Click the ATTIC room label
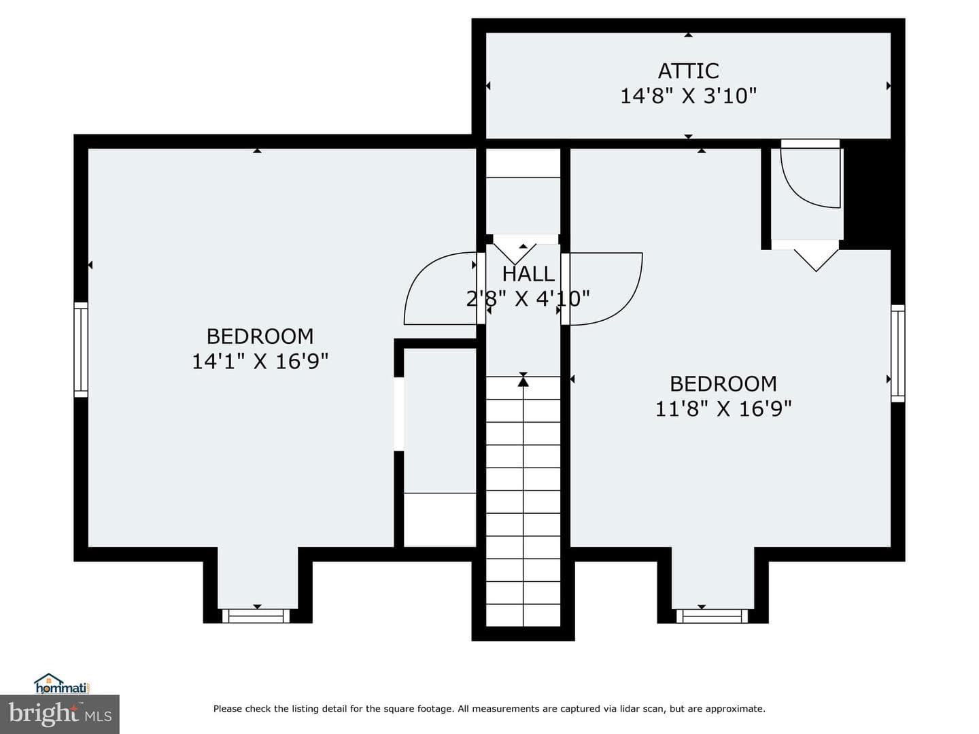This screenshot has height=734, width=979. pyautogui.click(x=688, y=71)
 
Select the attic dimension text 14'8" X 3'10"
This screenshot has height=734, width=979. pyautogui.click(x=688, y=96)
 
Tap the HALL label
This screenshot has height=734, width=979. pyautogui.click(x=528, y=274)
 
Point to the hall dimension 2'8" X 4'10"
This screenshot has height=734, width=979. pyautogui.click(x=528, y=298)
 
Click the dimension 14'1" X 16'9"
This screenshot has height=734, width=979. pyautogui.click(x=260, y=361)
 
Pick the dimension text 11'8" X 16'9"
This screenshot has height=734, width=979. pyautogui.click(x=723, y=408)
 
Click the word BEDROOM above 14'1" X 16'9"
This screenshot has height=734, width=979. pyautogui.click(x=260, y=336)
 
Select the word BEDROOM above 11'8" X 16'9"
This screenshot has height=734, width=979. pyautogui.click(x=723, y=384)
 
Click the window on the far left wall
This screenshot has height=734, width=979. pyautogui.click(x=81, y=349)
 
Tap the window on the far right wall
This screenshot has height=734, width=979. pyautogui.click(x=898, y=353)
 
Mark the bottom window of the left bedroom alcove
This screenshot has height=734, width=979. pyautogui.click(x=256, y=616)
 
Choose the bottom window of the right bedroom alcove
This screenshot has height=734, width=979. pyautogui.click(x=712, y=616)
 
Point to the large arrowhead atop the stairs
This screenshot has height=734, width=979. pyautogui.click(x=523, y=381)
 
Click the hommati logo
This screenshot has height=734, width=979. pyautogui.click(x=62, y=683)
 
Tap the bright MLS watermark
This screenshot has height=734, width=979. pyautogui.click(x=60, y=714)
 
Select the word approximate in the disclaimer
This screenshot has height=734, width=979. pyautogui.click(x=735, y=709)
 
